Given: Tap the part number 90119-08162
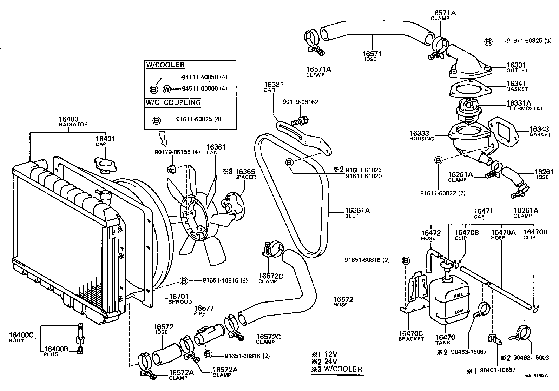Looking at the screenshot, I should (x=300, y=102).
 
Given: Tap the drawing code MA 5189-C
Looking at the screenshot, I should (x=536, y=376).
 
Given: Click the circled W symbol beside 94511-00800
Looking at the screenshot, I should (x=167, y=90).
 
